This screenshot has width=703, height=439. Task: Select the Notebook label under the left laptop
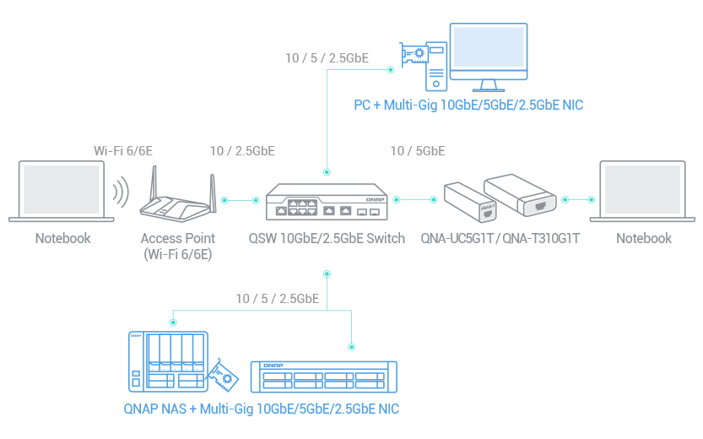point(62,238)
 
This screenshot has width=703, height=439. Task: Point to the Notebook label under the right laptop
point(644,238)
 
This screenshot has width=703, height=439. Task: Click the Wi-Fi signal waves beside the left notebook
point(122,192)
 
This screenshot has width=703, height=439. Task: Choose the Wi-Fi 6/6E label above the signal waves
point(123,151)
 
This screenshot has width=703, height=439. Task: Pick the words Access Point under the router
point(178,238)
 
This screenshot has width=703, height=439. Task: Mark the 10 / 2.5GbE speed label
point(242,151)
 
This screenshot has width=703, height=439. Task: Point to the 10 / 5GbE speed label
point(418,151)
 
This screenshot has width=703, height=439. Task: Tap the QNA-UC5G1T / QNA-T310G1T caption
point(500,238)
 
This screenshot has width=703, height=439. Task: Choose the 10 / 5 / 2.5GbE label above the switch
point(327,58)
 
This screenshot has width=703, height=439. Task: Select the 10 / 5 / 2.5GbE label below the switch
point(277,299)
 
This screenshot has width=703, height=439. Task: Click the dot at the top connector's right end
point(390,70)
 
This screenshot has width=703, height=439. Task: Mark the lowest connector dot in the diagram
point(351,347)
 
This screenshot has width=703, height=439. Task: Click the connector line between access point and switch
point(241,201)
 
